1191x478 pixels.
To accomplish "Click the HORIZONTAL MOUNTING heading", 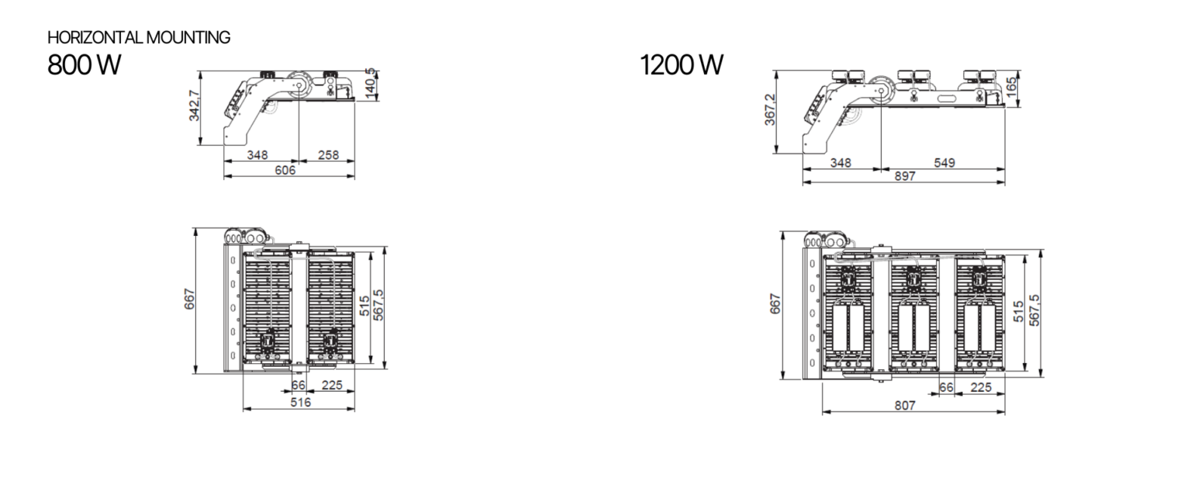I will pyautogui.click(x=139, y=37).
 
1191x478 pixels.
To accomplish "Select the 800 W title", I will pyautogui.click(x=84, y=65).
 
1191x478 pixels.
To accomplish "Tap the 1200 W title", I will pyautogui.click(x=682, y=65).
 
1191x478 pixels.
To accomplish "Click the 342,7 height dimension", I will pyautogui.click(x=195, y=106).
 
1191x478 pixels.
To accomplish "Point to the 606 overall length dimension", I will pyautogui.click(x=285, y=170).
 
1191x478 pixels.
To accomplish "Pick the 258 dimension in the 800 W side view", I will pyautogui.click(x=329, y=155).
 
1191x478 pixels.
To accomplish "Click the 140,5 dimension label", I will pyautogui.click(x=371, y=81).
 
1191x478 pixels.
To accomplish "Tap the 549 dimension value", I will pyautogui.click(x=944, y=163).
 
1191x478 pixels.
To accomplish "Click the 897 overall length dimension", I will pyautogui.click(x=904, y=176).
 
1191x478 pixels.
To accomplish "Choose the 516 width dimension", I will pyautogui.click(x=300, y=403).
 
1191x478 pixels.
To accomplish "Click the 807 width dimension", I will pyautogui.click(x=904, y=405).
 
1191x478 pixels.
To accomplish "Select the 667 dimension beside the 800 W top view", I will pyautogui.click(x=189, y=299).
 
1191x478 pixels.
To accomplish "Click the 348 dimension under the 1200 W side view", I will pyautogui.click(x=841, y=163).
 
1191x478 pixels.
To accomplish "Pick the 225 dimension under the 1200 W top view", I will pyautogui.click(x=981, y=387).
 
